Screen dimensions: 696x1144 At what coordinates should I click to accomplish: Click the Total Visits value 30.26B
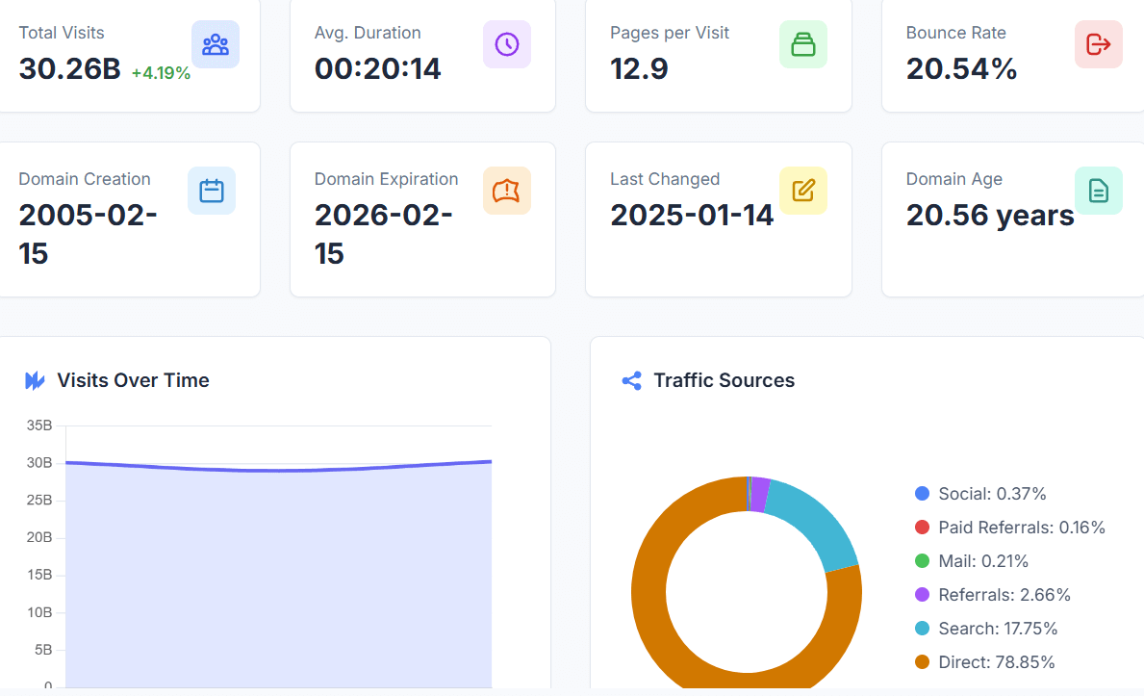pyautogui.click(x=69, y=69)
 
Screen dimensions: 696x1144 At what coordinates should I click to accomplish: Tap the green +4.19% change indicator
pyautogui.click(x=161, y=72)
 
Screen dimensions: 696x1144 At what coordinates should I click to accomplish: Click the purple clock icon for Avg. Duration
pyautogui.click(x=506, y=44)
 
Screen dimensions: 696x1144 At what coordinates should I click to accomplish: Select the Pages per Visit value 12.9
pyautogui.click(x=639, y=69)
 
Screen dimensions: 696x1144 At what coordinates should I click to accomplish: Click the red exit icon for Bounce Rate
pyautogui.click(x=1098, y=44)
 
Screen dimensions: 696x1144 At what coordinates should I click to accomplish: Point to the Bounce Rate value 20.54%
pyautogui.click(x=961, y=69)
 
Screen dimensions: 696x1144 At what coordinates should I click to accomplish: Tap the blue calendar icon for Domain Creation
pyautogui.click(x=211, y=191)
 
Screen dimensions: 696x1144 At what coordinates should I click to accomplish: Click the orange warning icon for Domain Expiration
pyautogui.click(x=506, y=191)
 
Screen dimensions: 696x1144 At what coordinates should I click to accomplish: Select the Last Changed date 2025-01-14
pyautogui.click(x=692, y=215)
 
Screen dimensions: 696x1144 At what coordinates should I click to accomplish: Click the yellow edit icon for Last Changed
pyautogui.click(x=802, y=191)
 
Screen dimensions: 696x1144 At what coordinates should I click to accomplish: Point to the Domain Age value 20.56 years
pyautogui.click(x=990, y=215)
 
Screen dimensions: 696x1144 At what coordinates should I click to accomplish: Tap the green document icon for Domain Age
pyautogui.click(x=1098, y=191)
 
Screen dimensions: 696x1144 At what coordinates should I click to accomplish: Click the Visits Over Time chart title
pyautogui.click(x=133, y=380)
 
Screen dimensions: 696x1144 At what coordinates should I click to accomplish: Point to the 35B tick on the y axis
pyautogui.click(x=39, y=425)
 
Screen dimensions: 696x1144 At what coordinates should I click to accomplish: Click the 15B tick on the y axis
pyautogui.click(x=39, y=575)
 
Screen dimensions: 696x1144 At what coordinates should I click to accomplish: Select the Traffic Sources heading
pyautogui.click(x=724, y=380)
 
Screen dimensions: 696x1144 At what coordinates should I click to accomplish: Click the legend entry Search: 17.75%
pyautogui.click(x=998, y=629)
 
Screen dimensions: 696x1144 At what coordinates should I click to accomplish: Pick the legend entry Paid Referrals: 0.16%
pyautogui.click(x=1021, y=528)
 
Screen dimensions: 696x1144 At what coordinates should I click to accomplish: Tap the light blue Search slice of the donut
pyautogui.click(x=818, y=525)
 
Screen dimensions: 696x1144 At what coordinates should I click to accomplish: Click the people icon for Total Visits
pyautogui.click(x=216, y=44)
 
